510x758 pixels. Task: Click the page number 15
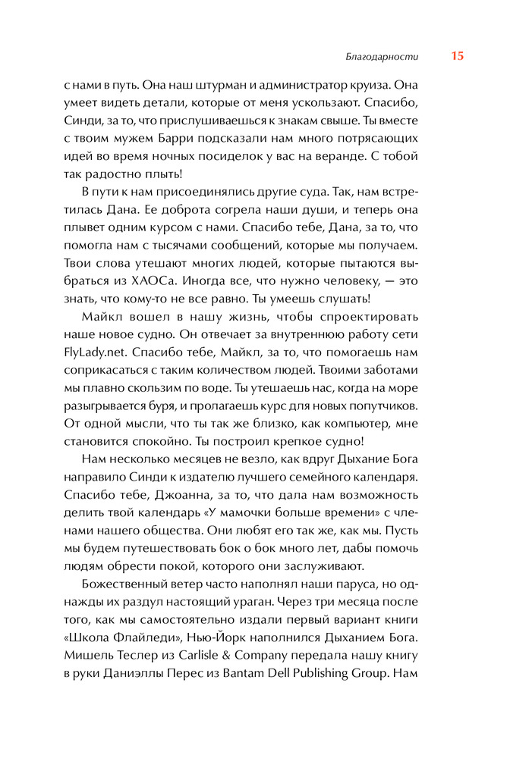click(457, 56)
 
